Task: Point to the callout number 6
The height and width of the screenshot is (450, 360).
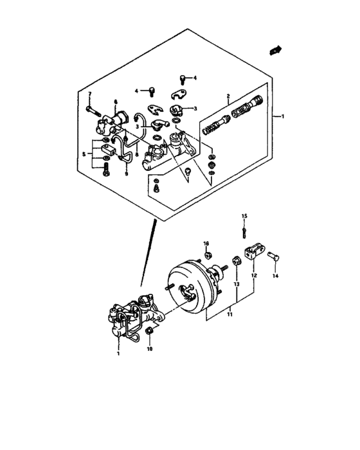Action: coord(116,102)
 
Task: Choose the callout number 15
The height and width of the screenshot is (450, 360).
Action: coord(244,215)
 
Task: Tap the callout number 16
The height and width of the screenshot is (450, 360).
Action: coord(206,244)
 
